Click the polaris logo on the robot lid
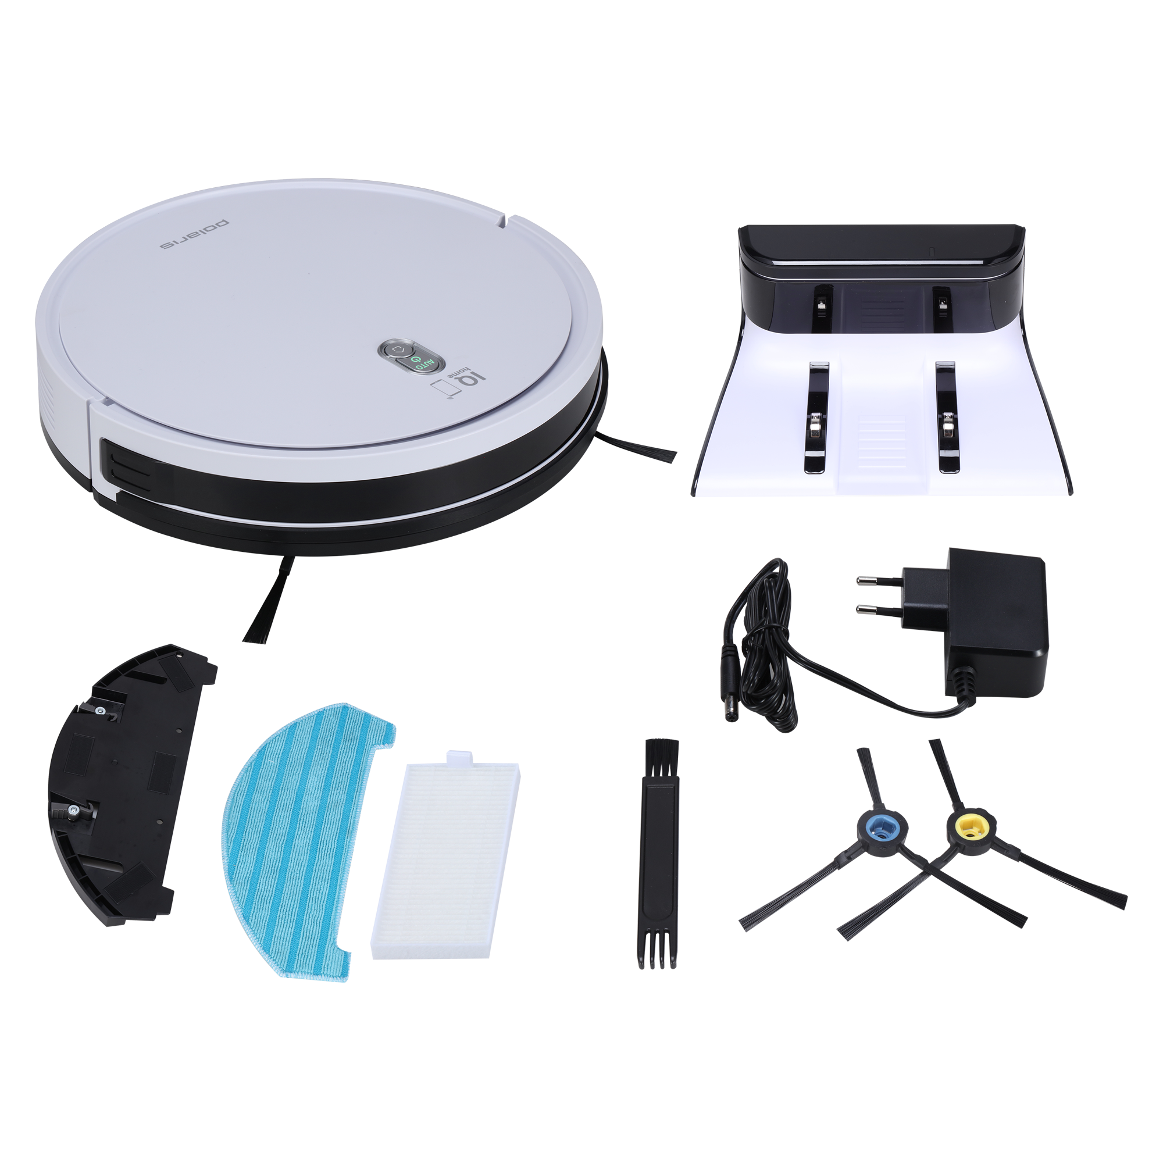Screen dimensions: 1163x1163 pyautogui.click(x=194, y=234)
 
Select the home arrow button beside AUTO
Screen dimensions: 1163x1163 pyautogui.click(x=395, y=349)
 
